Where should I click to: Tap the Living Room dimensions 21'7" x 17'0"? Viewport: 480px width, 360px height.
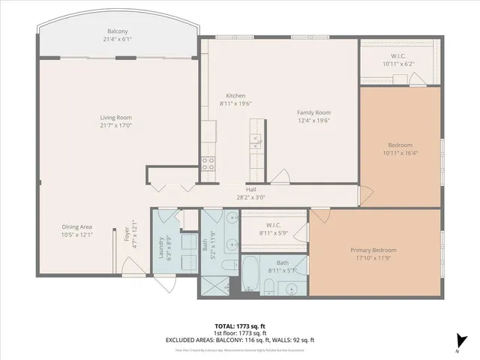[x=116, y=126]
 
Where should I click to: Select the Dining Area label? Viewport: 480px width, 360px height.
[x=77, y=226]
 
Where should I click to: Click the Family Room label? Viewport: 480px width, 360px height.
[x=313, y=112]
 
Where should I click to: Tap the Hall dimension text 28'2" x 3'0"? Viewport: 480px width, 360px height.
[x=250, y=198]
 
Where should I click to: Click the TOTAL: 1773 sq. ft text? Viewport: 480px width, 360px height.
[x=239, y=325]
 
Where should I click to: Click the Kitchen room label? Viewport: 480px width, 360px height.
[x=236, y=96]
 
